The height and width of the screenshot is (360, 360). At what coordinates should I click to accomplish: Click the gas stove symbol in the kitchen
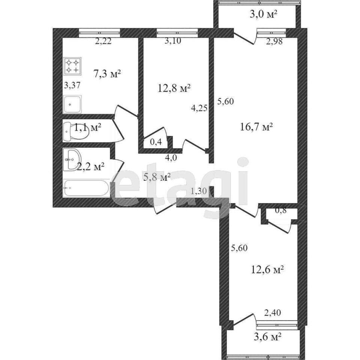point(72,66)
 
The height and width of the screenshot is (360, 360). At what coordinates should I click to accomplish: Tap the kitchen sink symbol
point(72,104)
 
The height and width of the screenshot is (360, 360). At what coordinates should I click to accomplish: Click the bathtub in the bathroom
point(87,188)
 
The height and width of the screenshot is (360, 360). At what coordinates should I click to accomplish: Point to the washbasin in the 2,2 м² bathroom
point(72,160)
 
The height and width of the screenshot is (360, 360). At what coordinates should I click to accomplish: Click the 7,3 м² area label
point(107,74)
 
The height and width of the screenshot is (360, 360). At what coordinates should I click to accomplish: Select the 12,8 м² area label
point(174,88)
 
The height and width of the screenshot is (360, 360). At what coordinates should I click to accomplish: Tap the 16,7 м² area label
point(256,127)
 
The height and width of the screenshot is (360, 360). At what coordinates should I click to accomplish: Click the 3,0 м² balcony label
point(263,15)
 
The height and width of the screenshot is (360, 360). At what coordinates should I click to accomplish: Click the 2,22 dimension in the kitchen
point(103,41)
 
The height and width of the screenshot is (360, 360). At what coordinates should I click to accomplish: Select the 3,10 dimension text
point(173,41)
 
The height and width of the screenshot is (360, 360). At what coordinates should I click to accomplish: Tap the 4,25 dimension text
point(199,108)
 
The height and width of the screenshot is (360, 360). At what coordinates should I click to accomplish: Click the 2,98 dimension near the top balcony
point(274,41)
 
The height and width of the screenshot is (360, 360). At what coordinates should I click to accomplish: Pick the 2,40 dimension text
point(273,312)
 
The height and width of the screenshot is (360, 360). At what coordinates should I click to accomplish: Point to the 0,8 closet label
point(281,210)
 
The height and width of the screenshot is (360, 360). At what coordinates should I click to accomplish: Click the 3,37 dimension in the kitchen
point(72,85)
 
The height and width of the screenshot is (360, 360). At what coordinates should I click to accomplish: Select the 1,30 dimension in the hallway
point(199,191)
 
